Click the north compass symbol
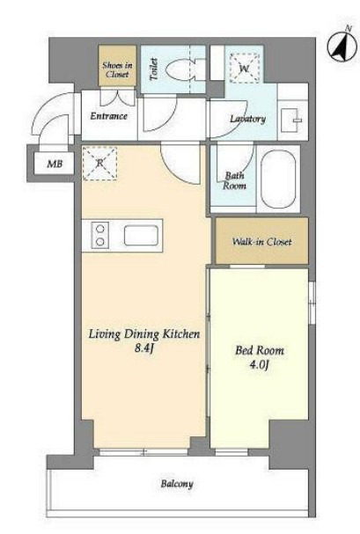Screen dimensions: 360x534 click(x=342, y=47)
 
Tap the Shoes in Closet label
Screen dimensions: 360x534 click(x=117, y=69)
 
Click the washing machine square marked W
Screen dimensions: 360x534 click(x=244, y=68)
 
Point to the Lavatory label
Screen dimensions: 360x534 click(x=247, y=119)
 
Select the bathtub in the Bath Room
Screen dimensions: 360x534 click(x=278, y=179)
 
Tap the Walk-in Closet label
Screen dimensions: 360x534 click(x=261, y=242)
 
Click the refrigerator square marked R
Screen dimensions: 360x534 click(x=99, y=163)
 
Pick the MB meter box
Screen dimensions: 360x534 click(x=55, y=164)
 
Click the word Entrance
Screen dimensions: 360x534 click(x=108, y=116)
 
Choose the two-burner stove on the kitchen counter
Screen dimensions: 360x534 click(x=100, y=234)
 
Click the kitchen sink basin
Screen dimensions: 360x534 click(x=141, y=235)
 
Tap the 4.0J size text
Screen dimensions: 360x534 click(x=260, y=365)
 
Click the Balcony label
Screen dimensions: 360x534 click(x=177, y=484)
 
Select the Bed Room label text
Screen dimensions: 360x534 click(x=260, y=350)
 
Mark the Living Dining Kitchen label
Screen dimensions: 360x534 click(x=144, y=334)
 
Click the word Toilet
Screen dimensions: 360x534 click(x=154, y=69)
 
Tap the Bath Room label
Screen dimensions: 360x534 click(x=234, y=180)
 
